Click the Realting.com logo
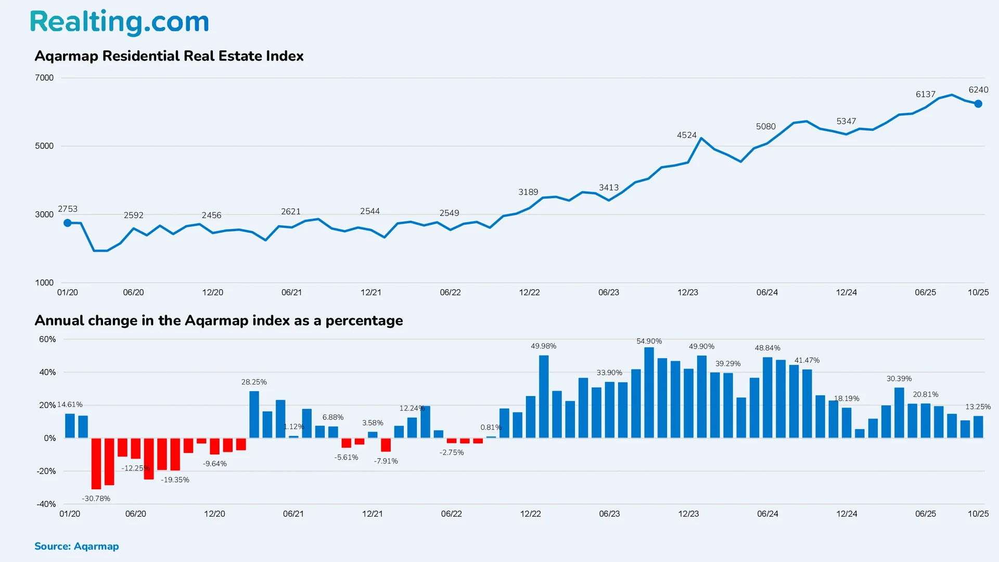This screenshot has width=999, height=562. (x=119, y=22)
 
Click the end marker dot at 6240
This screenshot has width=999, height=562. (x=978, y=104)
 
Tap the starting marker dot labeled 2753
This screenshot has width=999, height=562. (x=68, y=223)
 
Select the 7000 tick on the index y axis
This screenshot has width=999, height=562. (x=44, y=78)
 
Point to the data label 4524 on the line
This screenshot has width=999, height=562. (x=686, y=135)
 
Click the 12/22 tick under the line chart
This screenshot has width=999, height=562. (x=529, y=292)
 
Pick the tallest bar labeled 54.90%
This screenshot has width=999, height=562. (x=649, y=392)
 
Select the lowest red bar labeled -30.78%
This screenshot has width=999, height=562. (x=96, y=463)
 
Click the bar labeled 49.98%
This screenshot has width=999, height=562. (x=544, y=397)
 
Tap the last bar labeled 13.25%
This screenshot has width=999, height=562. (x=978, y=427)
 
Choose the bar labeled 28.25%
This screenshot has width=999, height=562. (x=254, y=414)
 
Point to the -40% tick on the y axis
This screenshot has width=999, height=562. (x=46, y=504)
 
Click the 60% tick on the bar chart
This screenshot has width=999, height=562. (x=47, y=339)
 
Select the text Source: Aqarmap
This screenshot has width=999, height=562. (x=76, y=546)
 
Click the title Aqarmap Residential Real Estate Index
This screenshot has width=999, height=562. (x=169, y=56)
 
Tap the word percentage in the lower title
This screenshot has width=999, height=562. (x=364, y=321)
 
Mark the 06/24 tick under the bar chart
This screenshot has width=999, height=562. (x=767, y=514)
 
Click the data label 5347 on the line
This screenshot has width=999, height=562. (x=846, y=121)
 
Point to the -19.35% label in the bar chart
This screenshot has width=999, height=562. (x=175, y=480)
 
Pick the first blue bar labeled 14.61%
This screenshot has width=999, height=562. (x=70, y=426)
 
